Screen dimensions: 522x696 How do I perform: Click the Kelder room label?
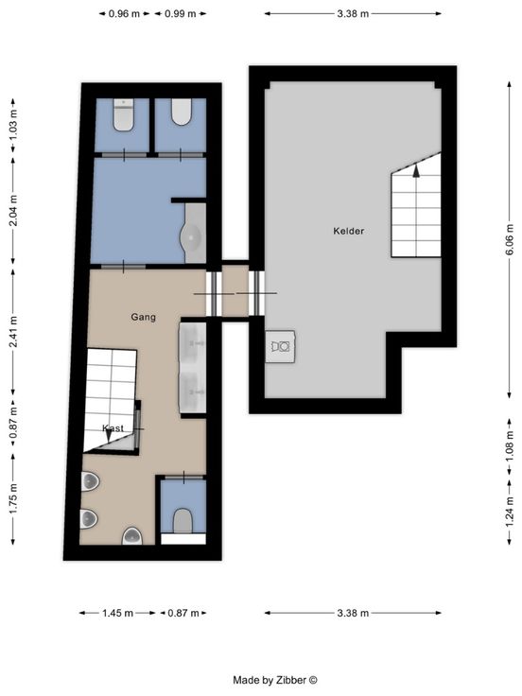[x=348, y=231]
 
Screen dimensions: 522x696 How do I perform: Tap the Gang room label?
[x=144, y=317]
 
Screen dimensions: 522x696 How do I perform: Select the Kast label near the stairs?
[x=113, y=427]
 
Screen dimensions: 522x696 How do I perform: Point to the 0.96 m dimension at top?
[x=124, y=14]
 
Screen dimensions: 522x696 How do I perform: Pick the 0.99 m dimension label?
[x=181, y=14]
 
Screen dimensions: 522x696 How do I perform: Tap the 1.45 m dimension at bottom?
[x=117, y=614]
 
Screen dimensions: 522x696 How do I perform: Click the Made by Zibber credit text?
[x=275, y=680]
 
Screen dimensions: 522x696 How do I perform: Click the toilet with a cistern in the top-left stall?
[x=123, y=115]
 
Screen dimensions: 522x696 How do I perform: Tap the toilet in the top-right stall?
[x=182, y=112]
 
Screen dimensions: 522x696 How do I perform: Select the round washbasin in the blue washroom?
[x=192, y=238]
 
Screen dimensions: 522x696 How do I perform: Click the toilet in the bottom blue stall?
[x=183, y=521]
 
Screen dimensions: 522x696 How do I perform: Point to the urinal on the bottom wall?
[x=132, y=536]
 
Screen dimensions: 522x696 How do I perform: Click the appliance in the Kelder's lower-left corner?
[x=281, y=346]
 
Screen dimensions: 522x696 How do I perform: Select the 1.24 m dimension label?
[x=509, y=512]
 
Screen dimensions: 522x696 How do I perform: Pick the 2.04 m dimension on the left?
[x=13, y=210]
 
